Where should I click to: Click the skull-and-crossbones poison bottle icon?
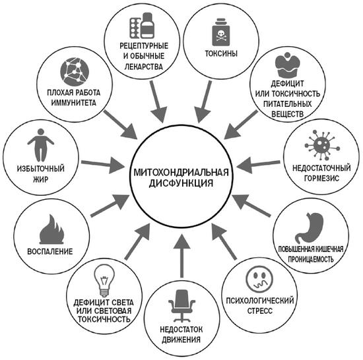[221, 32]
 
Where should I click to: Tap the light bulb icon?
[104, 280]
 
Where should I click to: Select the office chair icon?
[181, 306]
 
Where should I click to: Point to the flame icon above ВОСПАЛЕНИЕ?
[51, 229]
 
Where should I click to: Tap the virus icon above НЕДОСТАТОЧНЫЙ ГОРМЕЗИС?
[322, 145]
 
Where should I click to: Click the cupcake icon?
[288, 65]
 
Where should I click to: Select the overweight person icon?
[41, 145]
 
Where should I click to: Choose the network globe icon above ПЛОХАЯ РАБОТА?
[75, 72]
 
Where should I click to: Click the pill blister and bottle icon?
[142, 26]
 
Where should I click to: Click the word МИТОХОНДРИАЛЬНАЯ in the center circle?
[181, 172]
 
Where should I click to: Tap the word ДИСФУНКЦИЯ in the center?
[181, 183]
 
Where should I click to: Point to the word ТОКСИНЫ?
[221, 53]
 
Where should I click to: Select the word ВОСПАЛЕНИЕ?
[50, 251]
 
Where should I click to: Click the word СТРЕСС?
[260, 311]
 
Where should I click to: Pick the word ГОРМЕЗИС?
[321, 178]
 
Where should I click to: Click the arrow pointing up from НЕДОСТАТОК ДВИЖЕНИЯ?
[181, 255]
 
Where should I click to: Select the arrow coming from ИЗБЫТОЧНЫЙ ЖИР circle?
[102, 164]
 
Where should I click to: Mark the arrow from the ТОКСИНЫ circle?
[204, 102]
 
